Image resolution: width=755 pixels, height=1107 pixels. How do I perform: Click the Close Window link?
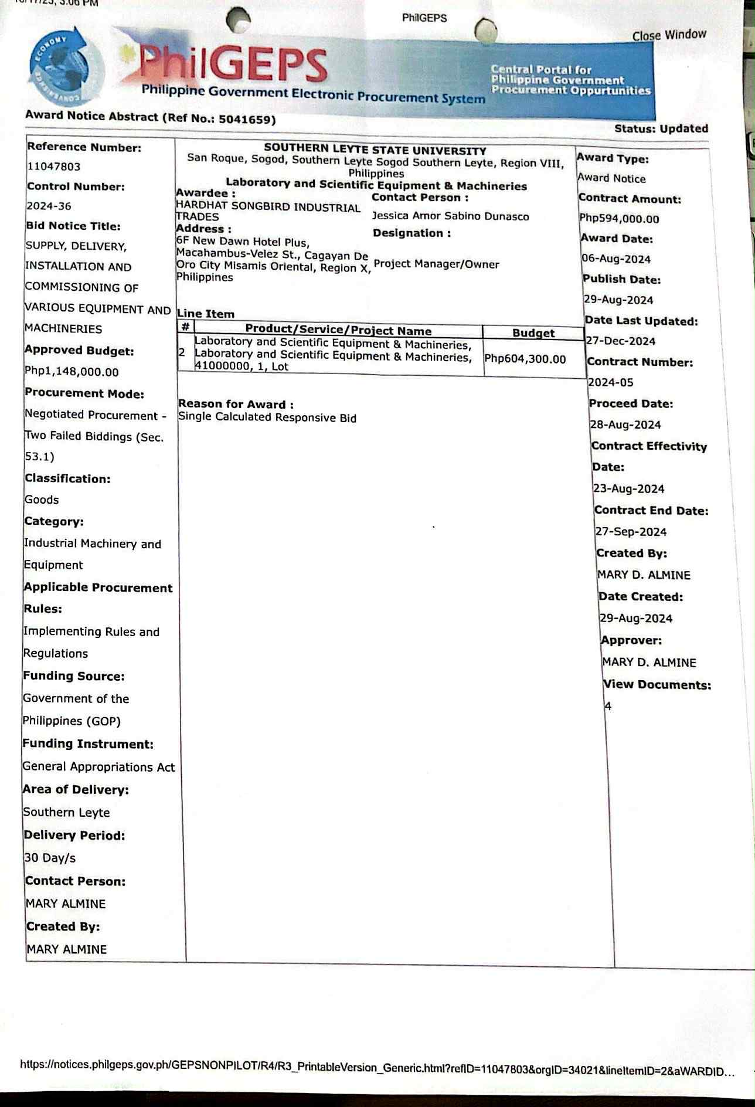(669, 35)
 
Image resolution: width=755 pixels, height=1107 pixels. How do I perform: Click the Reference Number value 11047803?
(54, 167)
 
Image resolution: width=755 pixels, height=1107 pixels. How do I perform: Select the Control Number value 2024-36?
(49, 206)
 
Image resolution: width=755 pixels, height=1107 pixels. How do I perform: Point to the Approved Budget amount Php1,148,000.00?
(72, 372)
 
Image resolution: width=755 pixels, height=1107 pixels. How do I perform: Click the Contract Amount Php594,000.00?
(619, 219)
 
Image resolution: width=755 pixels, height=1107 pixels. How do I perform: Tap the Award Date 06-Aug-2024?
(616, 259)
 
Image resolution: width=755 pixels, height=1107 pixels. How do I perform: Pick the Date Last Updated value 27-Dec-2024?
(621, 341)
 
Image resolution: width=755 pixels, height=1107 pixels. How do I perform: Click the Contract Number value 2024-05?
(611, 382)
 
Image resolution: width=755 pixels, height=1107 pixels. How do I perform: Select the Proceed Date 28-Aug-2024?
(625, 425)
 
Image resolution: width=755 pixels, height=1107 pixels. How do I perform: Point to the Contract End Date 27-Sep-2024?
(631, 532)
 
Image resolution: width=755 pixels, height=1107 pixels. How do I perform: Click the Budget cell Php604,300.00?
(525, 359)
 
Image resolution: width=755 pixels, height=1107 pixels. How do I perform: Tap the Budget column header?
(533, 333)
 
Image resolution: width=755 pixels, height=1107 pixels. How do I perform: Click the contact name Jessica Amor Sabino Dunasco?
(450, 216)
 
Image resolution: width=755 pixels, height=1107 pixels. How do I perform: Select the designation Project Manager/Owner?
(436, 264)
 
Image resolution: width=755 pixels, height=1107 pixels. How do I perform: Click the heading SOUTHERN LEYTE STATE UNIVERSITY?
(375, 150)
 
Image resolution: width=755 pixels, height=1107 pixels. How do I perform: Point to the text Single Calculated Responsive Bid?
(267, 417)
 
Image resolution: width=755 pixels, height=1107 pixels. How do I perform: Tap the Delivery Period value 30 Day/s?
(50, 858)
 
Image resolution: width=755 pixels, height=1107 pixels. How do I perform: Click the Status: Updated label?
(661, 128)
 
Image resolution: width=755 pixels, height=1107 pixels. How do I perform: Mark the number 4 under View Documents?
(608, 706)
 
